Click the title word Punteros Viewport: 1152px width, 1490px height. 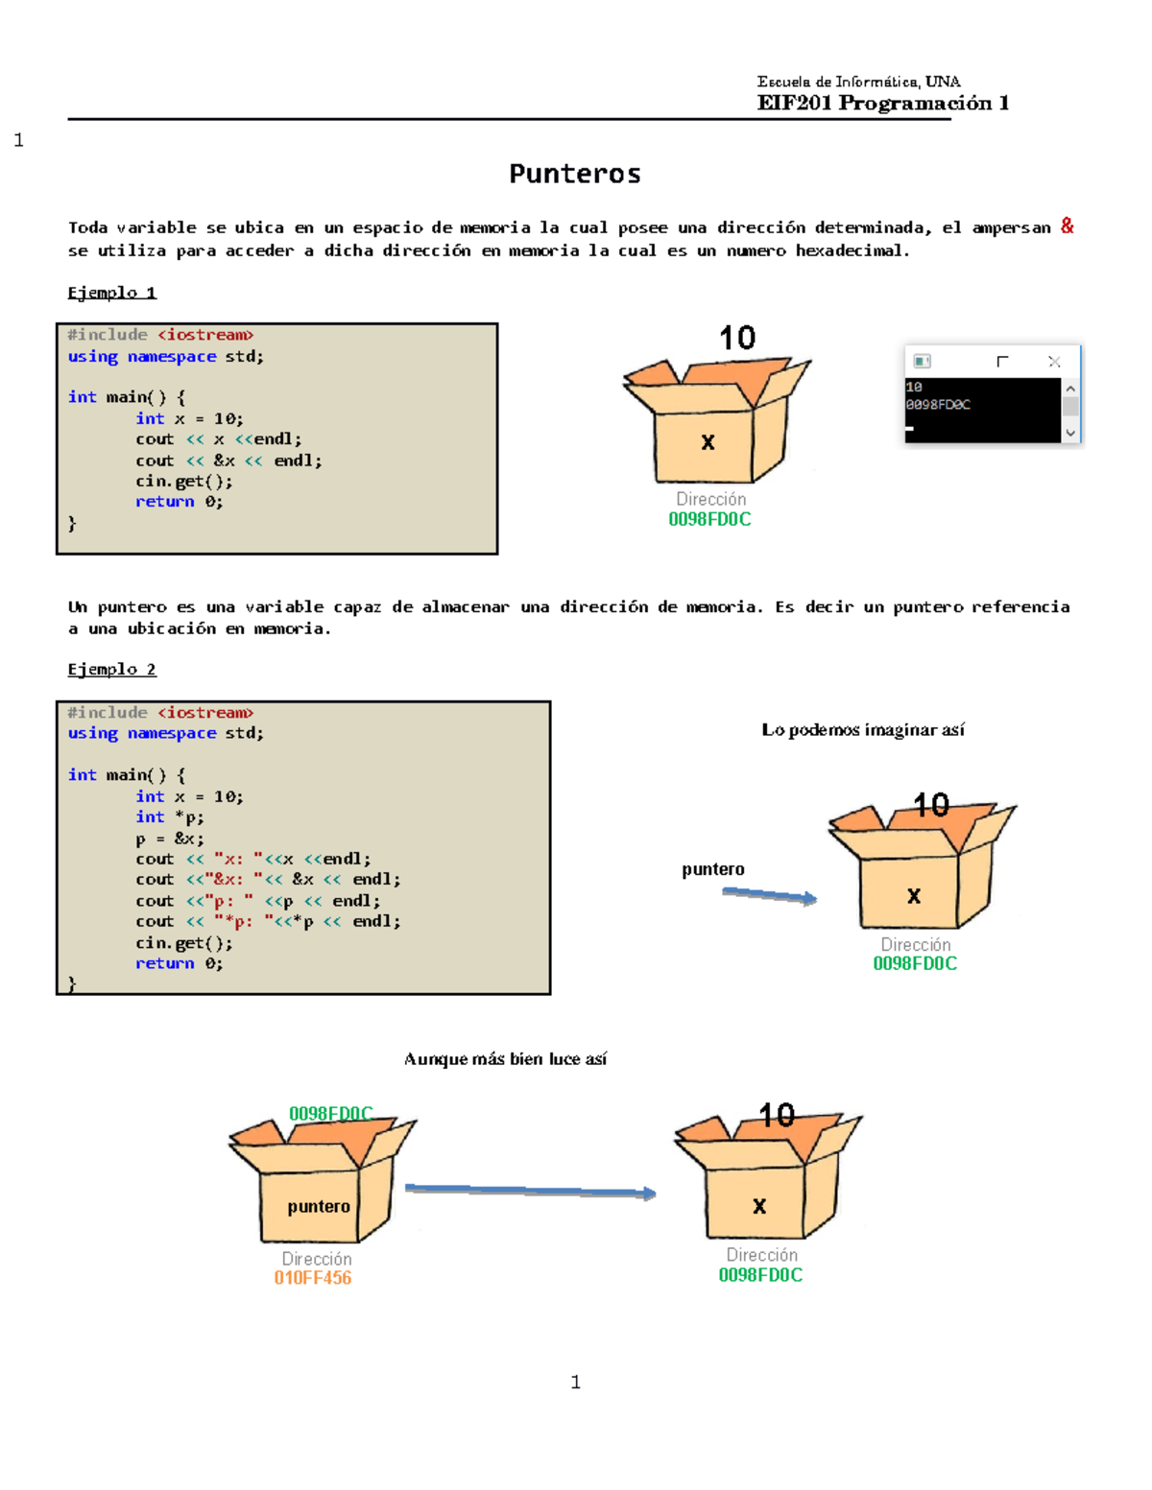coord(574,174)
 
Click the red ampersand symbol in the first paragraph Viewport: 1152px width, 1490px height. coord(1067,226)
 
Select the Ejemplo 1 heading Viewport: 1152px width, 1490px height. coord(111,293)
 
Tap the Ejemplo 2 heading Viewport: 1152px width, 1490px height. coord(111,669)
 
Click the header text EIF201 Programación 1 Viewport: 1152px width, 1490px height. coord(882,103)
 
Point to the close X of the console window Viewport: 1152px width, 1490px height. coord(1054,362)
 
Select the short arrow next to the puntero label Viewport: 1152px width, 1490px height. coord(769,895)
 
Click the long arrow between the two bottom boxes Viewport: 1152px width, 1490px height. coord(530,1191)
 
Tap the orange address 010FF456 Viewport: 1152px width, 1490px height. coord(312,1278)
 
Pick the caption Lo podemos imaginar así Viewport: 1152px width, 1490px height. coord(862,730)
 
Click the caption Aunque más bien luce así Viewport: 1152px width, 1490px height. coord(505,1059)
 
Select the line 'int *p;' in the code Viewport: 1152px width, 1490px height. coord(170,817)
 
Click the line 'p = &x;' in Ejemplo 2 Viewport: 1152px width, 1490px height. coord(170,839)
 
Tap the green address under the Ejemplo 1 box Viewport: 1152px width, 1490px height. coord(709,519)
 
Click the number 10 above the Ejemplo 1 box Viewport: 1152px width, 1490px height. coord(737,338)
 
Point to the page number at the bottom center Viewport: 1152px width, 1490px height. coord(575,1382)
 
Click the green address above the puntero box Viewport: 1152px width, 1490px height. coord(330,1113)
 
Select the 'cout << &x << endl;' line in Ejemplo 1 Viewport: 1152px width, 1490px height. coord(228,461)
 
